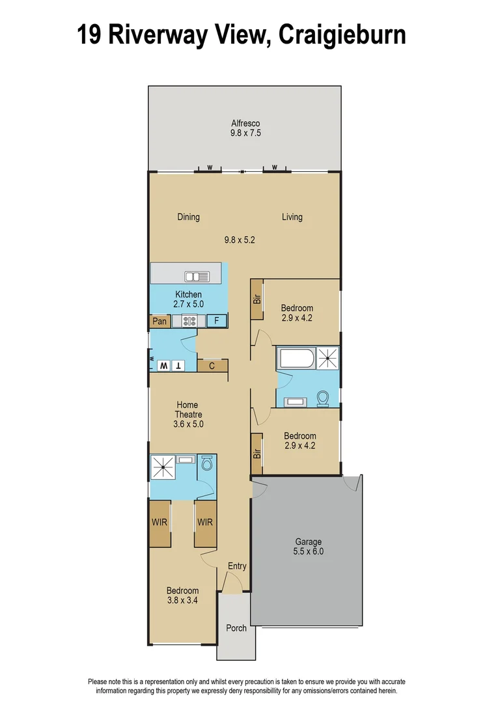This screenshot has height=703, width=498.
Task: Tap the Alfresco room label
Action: pos(246,123)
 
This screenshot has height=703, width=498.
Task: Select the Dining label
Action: pos(188,217)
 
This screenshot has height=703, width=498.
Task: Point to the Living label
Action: pos(292,217)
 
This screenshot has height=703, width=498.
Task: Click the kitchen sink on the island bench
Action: pos(197,277)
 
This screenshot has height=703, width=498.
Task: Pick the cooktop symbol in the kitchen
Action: pos(190,320)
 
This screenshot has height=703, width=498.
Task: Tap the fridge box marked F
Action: pos(217,320)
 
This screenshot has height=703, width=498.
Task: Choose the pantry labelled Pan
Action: pos(159,321)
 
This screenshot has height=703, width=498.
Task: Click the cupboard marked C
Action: pos(212,366)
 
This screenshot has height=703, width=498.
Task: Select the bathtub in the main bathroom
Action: pos(296,358)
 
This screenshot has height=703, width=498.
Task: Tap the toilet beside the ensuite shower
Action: pos(207,463)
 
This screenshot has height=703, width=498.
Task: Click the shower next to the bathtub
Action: pos(327,357)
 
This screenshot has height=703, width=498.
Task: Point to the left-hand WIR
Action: pos(159,523)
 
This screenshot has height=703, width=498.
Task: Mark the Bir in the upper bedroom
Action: pos(256,299)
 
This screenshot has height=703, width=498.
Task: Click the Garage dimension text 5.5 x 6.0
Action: pos(309,551)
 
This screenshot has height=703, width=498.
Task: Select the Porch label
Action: pos(236,628)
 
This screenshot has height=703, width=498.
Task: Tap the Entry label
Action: pos(237,566)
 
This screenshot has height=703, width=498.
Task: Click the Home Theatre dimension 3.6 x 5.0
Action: pos(188,424)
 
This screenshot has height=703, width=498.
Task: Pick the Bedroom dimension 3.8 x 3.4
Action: pos(182,601)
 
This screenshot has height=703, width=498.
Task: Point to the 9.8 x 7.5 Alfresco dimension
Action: pos(246,133)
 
